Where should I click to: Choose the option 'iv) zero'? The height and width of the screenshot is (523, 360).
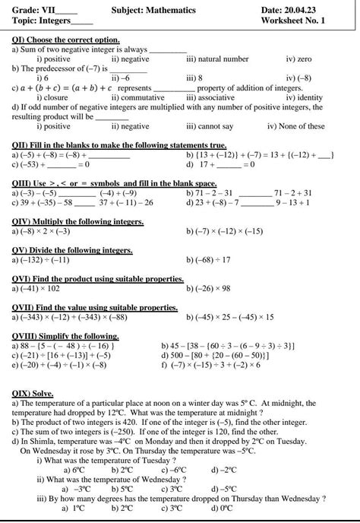click(298, 59)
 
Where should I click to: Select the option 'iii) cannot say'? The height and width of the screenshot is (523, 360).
click(210, 126)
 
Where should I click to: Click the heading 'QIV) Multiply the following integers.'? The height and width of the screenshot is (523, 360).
click(78, 221)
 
